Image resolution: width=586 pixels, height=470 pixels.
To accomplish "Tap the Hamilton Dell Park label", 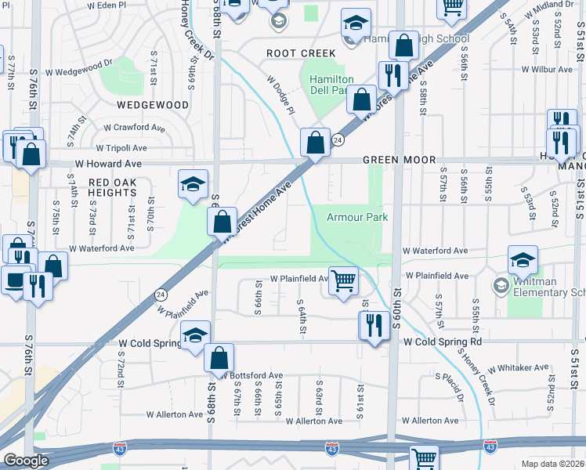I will (x=331, y=85).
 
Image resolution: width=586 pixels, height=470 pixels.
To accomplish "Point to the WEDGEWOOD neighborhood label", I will (x=153, y=104).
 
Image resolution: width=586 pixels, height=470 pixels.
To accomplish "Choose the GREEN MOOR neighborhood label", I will (x=399, y=160).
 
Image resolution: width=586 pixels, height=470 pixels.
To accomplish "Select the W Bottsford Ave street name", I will (x=251, y=376).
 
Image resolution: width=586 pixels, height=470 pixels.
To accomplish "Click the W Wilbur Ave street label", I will (x=546, y=69).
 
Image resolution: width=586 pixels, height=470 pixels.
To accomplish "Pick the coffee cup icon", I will (x=15, y=280).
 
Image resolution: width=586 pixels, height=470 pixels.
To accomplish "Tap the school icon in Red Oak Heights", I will (x=194, y=185).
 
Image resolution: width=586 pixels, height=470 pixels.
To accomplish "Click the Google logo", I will (x=26, y=461).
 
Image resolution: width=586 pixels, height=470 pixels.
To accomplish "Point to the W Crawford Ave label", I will (x=134, y=127).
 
